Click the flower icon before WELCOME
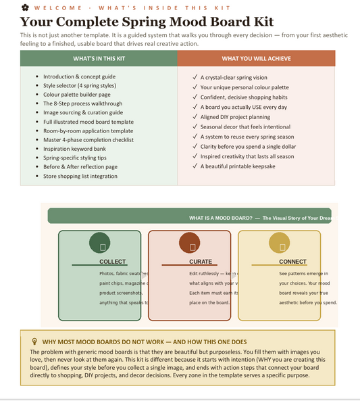[24, 7]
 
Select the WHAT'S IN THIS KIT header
[99, 58]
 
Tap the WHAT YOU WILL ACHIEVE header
[256, 58]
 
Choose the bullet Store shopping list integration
[80, 176]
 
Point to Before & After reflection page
[80, 166]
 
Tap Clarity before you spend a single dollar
[248, 146]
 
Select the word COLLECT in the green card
[112, 262]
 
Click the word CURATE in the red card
[201, 262]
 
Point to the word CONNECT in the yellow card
[292, 262]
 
